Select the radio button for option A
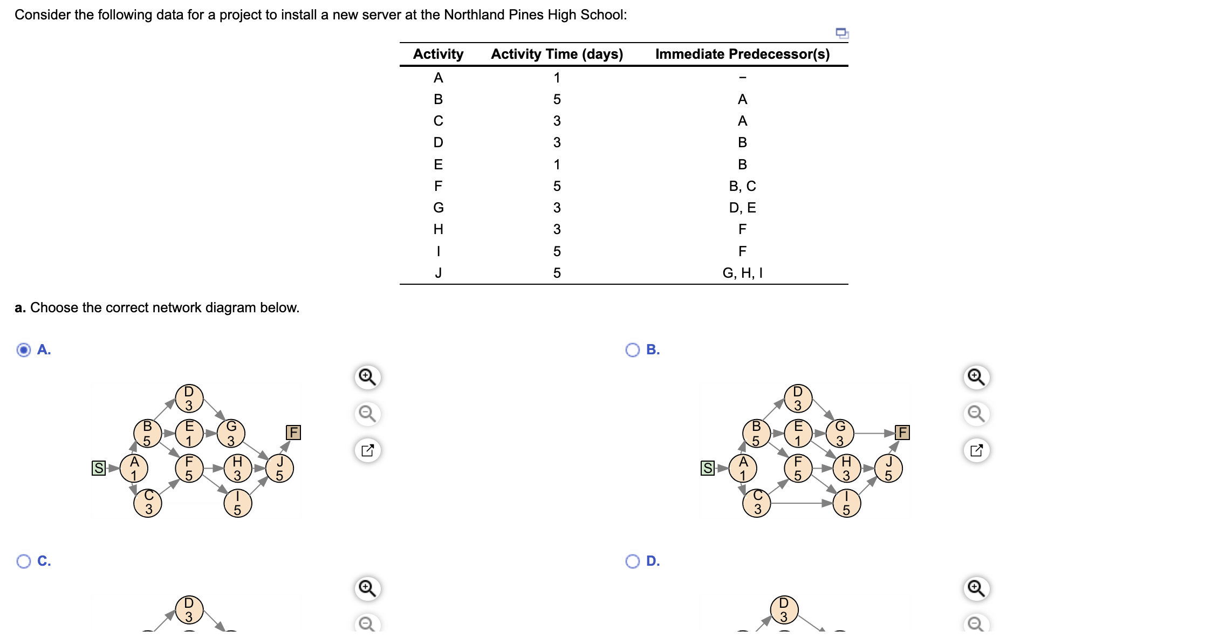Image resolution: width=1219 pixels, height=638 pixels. [x=24, y=350]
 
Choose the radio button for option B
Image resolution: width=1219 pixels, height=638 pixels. [x=632, y=350]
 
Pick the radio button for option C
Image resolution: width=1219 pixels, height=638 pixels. [x=24, y=561]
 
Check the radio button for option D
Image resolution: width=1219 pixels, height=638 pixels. [x=632, y=561]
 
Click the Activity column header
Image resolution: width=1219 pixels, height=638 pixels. [x=438, y=54]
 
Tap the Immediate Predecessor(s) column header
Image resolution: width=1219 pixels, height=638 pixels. [x=742, y=54]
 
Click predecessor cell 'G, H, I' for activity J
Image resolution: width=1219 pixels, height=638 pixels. [x=742, y=273]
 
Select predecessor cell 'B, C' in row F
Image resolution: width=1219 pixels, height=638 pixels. [x=742, y=186]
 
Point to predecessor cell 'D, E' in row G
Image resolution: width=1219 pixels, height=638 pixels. [x=742, y=208]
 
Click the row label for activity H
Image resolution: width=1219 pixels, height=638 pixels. [x=438, y=229]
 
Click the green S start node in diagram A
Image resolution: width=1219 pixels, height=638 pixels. [x=98, y=468]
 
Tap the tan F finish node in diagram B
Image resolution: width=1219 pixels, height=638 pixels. [x=902, y=433]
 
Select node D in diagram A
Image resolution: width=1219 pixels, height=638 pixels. [x=189, y=398]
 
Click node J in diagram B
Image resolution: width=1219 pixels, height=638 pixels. [x=888, y=468]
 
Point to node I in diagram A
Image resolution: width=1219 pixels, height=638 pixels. [x=237, y=503]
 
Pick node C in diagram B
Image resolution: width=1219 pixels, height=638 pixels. [x=757, y=503]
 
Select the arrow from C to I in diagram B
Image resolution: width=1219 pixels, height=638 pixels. [x=802, y=503]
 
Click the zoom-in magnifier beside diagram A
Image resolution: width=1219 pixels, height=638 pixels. [x=367, y=376]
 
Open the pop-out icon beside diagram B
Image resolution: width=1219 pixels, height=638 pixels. [x=976, y=450]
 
